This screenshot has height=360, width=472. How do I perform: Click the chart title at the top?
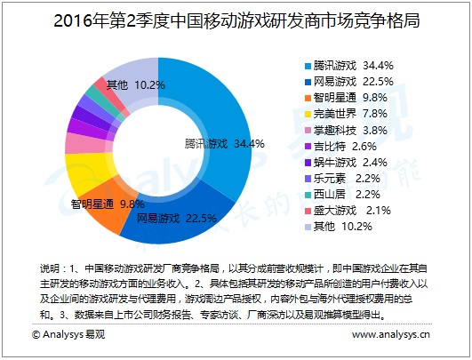pyautogui.click(x=236, y=19)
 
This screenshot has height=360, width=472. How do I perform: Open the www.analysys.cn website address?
pyautogui.click(x=391, y=335)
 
